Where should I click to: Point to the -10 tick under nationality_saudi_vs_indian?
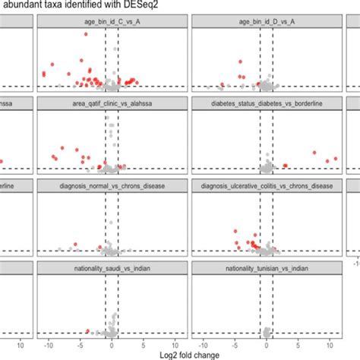[x=49, y=344]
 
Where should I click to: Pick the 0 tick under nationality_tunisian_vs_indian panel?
[x=264, y=344]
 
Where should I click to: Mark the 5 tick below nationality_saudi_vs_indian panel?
[x=143, y=344]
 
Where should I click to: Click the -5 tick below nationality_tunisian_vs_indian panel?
[x=233, y=344]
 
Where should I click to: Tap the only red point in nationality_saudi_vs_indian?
[x=89, y=330]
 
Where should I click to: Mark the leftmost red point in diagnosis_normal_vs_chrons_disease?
[x=59, y=248]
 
